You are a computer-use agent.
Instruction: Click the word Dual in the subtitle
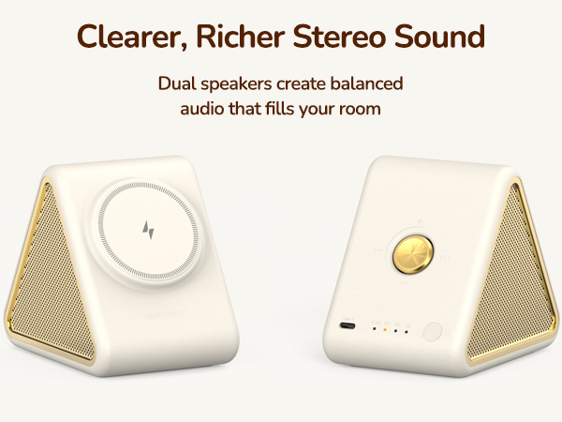(178, 83)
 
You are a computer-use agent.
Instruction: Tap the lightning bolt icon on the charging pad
(147, 229)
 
